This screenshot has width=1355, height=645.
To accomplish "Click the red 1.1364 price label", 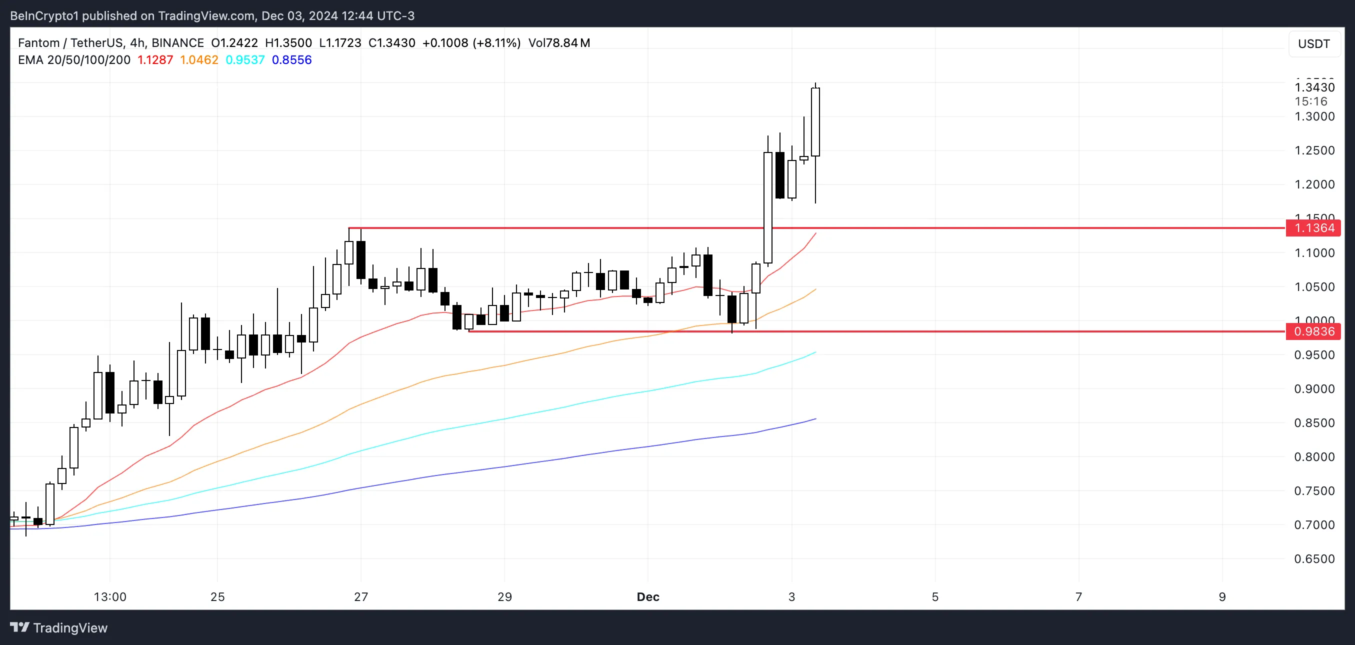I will click(x=1313, y=228).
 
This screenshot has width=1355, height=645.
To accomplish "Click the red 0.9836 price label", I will click(x=1313, y=331).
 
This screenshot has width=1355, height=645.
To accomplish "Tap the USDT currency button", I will click(x=1313, y=43).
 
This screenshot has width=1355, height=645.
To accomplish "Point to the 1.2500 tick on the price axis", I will click(x=1314, y=150).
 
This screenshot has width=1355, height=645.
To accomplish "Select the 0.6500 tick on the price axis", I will click(x=1314, y=558).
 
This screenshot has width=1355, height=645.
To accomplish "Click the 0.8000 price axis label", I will click(x=1314, y=456).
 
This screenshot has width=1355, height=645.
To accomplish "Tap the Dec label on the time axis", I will click(x=647, y=596).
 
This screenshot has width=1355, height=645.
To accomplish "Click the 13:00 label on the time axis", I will click(x=110, y=596).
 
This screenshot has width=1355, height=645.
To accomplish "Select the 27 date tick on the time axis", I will click(x=361, y=596).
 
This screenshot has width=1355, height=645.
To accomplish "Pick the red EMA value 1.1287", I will click(x=155, y=60).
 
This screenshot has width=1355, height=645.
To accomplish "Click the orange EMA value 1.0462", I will click(x=199, y=60).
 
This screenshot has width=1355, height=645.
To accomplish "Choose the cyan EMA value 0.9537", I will click(x=244, y=60).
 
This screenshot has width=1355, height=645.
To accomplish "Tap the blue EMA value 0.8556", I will click(x=291, y=60).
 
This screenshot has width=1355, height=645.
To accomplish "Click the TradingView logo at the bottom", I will click(x=59, y=627).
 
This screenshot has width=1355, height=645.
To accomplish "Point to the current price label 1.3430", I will click(x=1314, y=87).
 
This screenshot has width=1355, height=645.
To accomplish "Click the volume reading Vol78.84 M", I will click(x=559, y=43).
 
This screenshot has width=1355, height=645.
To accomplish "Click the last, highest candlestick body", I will click(x=815, y=122).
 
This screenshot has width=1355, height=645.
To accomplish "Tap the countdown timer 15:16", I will click(x=1311, y=101).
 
